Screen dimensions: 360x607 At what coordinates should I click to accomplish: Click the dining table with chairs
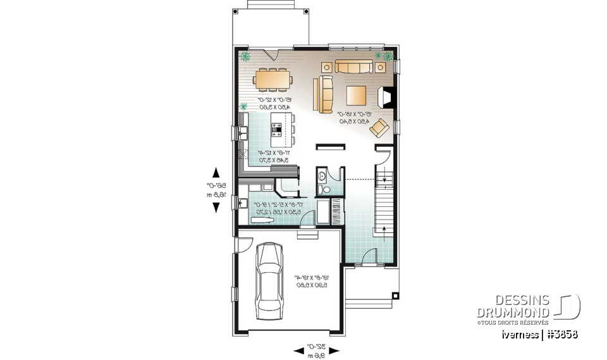(273, 80)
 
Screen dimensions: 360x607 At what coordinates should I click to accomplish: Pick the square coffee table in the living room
(355, 96)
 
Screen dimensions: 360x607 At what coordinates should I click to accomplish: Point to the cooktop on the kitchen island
(277, 129)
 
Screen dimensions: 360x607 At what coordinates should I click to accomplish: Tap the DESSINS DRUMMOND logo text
(513, 307)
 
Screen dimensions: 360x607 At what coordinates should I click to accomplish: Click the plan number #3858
(560, 333)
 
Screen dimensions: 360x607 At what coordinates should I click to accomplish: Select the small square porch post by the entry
(396, 295)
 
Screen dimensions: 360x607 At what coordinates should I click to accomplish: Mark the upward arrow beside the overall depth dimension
(216, 173)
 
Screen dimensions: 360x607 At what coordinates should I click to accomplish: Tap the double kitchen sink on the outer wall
(243, 133)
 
